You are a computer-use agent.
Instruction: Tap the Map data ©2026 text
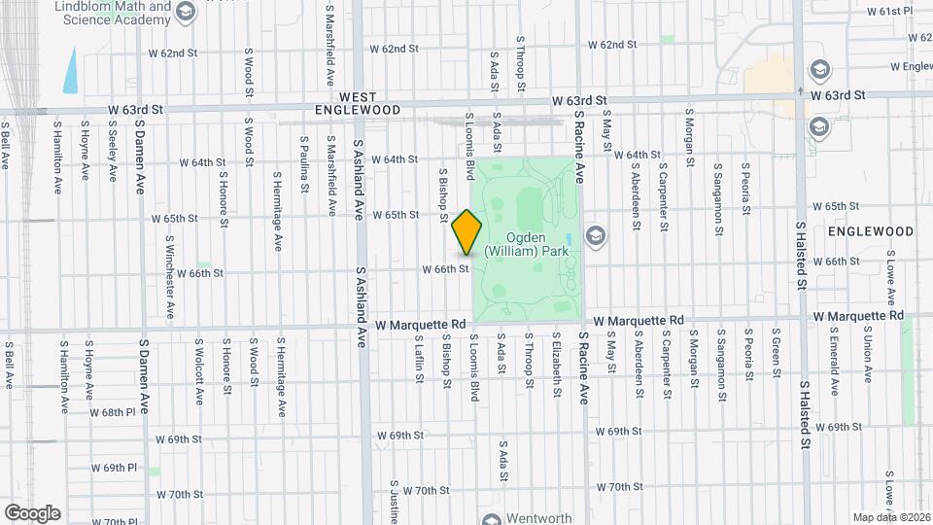click(x=891, y=517)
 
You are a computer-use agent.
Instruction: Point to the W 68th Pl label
click(x=112, y=412)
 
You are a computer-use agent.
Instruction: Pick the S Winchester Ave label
click(x=169, y=277)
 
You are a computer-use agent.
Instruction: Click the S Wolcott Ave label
click(x=198, y=370)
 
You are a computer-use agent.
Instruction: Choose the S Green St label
click(x=777, y=356)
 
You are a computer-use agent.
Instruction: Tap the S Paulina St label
click(x=304, y=161)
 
